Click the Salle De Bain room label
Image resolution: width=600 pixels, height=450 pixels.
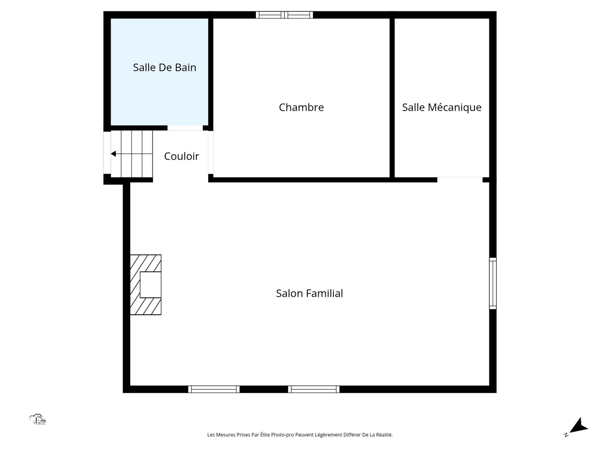[x=165, y=67]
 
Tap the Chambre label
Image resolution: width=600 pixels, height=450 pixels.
[x=301, y=107]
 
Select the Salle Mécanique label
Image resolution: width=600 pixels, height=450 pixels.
[x=442, y=107]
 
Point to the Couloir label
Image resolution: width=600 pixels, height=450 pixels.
[x=182, y=156]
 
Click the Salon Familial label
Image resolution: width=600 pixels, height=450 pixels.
[x=309, y=293]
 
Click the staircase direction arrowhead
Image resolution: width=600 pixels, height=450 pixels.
[x=113, y=154]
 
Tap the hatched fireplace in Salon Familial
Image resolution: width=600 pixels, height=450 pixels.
[x=146, y=285]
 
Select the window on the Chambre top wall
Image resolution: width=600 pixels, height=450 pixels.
[x=284, y=15]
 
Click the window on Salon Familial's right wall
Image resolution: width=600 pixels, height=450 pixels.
[x=493, y=283]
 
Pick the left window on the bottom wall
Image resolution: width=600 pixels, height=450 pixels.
[x=214, y=389]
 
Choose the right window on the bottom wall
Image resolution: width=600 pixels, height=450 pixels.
[x=314, y=389]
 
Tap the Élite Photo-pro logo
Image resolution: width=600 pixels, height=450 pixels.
[x=38, y=420]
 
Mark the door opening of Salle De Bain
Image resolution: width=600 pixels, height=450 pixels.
[x=185, y=128]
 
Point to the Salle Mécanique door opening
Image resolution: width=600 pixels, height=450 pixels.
[x=460, y=180]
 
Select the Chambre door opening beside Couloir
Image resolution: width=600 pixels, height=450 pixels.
[x=211, y=152]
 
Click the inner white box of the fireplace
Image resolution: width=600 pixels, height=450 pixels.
[x=151, y=285]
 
